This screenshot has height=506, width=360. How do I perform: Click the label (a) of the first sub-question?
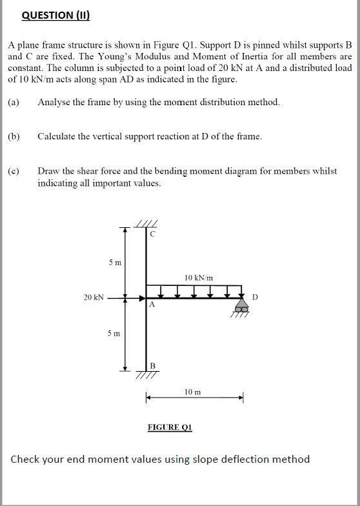point(14,102)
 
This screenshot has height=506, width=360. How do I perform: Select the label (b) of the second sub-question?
point(14,136)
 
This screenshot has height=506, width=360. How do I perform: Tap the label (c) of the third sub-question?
point(14,171)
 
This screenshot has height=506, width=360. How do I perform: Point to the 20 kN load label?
point(93,298)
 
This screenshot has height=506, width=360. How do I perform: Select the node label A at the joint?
point(152,305)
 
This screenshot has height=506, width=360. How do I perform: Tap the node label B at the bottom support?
point(153,366)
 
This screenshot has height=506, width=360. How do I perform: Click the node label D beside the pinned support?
point(255,298)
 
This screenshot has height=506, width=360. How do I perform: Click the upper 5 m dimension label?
point(114,263)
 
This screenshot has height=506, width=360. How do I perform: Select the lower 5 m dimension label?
point(114,333)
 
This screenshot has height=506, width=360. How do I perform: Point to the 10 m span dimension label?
point(192,392)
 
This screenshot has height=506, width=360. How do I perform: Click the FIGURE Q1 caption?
point(170,427)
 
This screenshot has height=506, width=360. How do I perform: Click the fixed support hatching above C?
point(147,224)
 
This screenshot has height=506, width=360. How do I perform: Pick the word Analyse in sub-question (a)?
point(54,102)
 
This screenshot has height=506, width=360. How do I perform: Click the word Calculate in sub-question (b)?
point(57,136)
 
